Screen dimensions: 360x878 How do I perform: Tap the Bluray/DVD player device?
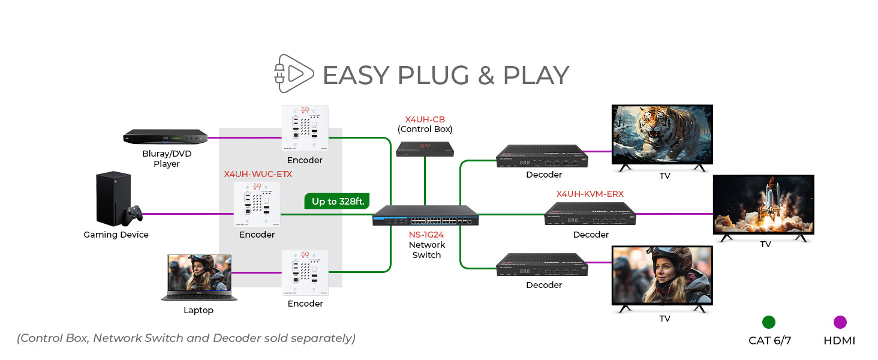click(166, 137)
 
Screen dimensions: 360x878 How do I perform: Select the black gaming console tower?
click(113, 199)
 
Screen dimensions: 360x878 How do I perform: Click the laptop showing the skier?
click(199, 277)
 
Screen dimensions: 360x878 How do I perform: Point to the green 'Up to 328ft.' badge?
click(338, 201)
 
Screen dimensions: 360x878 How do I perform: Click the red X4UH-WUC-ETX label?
click(258, 174)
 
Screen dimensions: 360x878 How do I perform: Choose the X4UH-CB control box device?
click(425, 149)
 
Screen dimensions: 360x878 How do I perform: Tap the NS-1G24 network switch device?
click(426, 215)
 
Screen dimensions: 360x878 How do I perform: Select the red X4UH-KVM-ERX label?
click(590, 194)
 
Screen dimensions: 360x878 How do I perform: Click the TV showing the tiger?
click(662, 134)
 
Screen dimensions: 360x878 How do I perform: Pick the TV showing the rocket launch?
click(763, 205)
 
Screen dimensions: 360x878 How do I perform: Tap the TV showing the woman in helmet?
click(662, 275)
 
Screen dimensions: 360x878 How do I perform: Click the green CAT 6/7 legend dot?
click(768, 322)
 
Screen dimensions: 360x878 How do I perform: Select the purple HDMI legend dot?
click(840, 322)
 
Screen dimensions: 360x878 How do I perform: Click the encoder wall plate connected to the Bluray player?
click(305, 128)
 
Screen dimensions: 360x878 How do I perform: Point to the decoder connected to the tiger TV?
click(542, 156)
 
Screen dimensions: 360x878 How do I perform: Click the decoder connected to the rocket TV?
click(590, 214)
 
